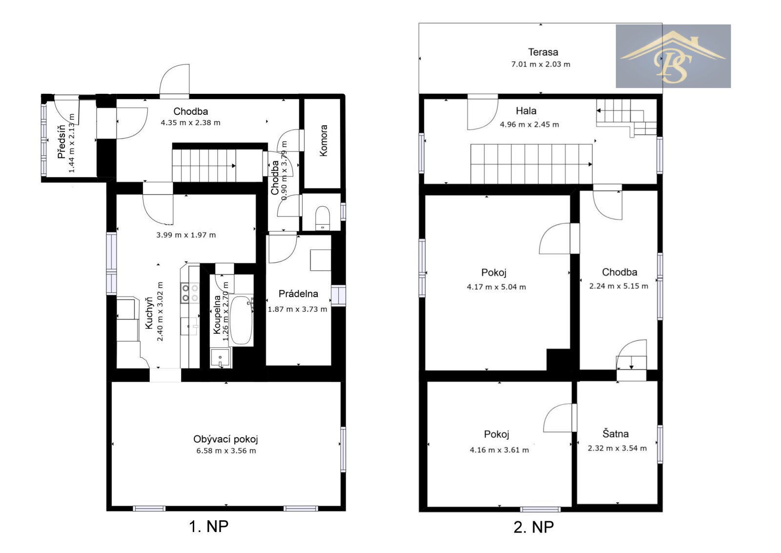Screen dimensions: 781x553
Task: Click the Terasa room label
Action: [543, 52]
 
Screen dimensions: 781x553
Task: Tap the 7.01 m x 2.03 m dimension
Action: [541, 64]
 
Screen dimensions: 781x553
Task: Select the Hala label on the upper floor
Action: [526, 111]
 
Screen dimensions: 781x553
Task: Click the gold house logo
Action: [673, 57]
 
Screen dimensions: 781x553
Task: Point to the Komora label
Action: [324, 141]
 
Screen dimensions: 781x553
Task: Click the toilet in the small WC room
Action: [323, 218]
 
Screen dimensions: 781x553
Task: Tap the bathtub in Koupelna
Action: [241, 320]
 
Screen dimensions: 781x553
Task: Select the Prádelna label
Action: [298, 294]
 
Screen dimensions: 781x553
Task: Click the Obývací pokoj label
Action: [226, 439]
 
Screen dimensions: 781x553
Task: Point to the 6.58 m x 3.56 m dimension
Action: [226, 451]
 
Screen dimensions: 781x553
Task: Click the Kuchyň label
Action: [149, 313]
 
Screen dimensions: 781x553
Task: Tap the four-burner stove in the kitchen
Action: [190, 293]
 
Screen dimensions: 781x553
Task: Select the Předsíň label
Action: [62, 142]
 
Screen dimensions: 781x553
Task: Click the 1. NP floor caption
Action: [208, 526]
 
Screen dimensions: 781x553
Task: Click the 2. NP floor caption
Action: [534, 527]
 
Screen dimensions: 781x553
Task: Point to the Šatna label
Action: [616, 434]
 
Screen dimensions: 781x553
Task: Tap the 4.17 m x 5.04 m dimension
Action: [496, 287]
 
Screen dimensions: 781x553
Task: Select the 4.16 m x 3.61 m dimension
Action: [499, 450]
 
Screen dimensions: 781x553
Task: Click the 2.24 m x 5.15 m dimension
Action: [619, 286]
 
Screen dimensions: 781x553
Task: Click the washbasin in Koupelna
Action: [220, 358]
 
